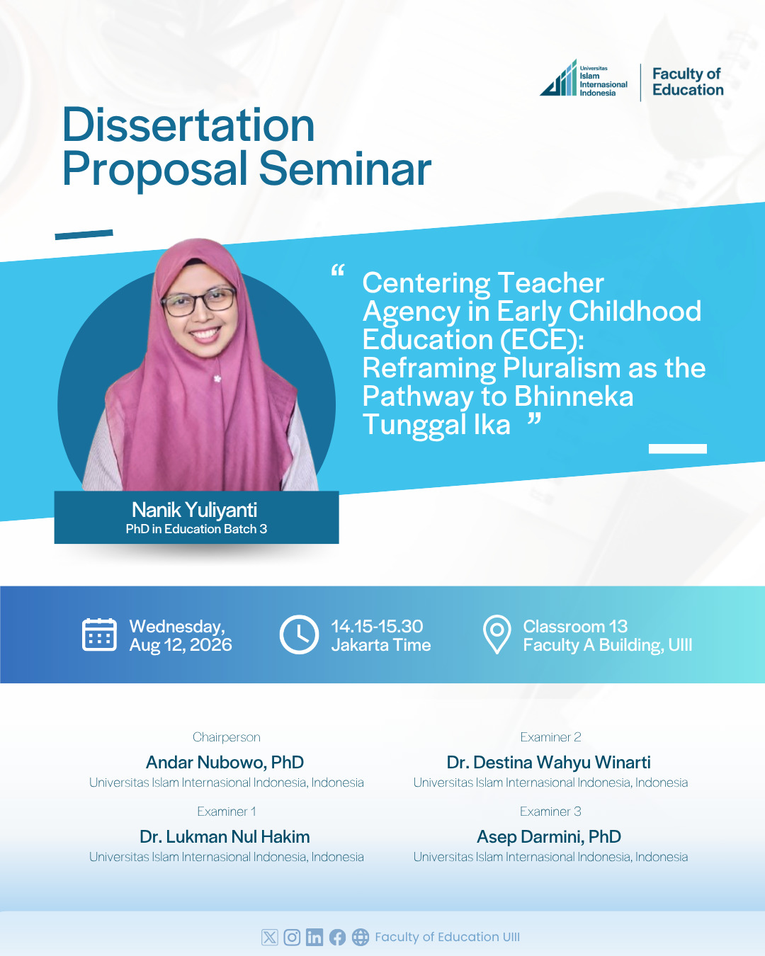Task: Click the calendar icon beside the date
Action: [x=100, y=635]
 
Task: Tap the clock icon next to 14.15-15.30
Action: [x=299, y=635]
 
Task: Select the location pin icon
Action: [x=497, y=635]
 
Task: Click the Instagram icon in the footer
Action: [x=292, y=938]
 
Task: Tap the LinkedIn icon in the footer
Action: [x=314, y=938]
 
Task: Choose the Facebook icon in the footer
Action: [x=337, y=938]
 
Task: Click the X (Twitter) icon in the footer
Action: [x=269, y=938]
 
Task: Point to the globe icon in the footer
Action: [x=361, y=938]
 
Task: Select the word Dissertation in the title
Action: [x=188, y=125]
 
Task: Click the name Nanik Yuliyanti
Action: [x=194, y=510]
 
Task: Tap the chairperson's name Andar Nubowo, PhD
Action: [x=225, y=762]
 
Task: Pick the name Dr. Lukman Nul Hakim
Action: [x=225, y=837]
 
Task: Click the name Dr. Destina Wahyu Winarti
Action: [x=548, y=762]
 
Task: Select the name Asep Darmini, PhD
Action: [x=548, y=837]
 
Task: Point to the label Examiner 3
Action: [x=550, y=812]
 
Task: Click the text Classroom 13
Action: [x=575, y=627]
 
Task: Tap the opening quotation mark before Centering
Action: [x=338, y=271]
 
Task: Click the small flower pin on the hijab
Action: [x=217, y=379]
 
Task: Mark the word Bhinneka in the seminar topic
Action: [x=574, y=396]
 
